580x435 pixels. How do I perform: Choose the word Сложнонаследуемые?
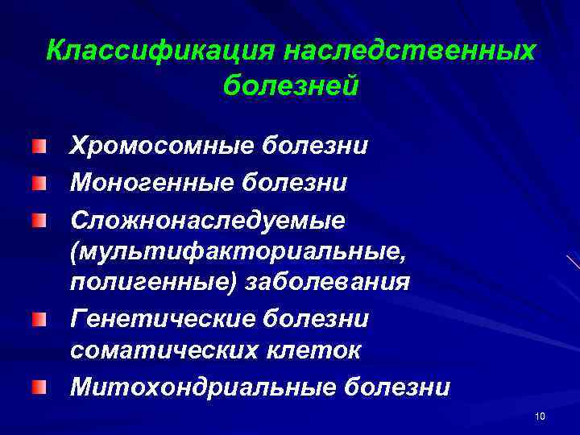[207, 218]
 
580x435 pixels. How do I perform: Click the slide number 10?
[540, 416]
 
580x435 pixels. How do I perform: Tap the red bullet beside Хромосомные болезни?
[39, 147]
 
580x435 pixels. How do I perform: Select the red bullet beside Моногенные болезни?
[39, 183]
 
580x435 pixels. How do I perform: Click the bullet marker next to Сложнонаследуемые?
[39, 219]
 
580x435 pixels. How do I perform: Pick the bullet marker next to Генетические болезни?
[39, 321]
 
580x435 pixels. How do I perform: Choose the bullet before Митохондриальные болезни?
[39, 388]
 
